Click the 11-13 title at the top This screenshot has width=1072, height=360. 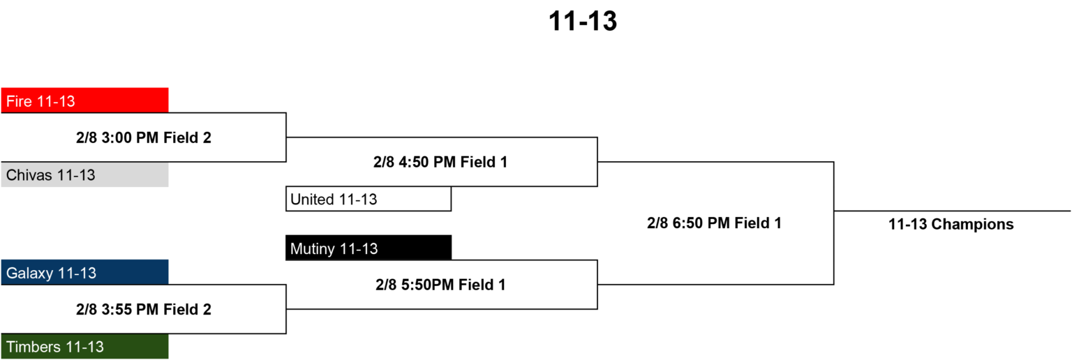click(583, 22)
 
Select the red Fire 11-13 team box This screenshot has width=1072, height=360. click(84, 100)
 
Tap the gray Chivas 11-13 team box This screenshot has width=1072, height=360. click(84, 174)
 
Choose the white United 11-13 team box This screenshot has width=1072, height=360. click(368, 199)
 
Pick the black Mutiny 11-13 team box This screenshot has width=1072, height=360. click(368, 248)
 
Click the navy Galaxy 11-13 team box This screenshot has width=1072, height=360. click(84, 272)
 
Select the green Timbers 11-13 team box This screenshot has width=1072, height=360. click(84, 346)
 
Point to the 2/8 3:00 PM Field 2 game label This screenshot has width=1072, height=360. click(144, 138)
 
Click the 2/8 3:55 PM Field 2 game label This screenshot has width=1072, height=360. click(144, 309)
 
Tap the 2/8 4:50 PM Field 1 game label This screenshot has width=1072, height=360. click(440, 163)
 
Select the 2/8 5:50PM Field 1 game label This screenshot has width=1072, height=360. click(440, 285)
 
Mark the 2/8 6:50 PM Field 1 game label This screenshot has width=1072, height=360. click(714, 223)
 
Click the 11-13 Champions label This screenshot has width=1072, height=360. click(951, 224)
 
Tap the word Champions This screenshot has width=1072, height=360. click(972, 225)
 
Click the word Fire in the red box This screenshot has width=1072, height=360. click(19, 101)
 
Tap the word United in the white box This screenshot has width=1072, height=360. click(312, 199)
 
